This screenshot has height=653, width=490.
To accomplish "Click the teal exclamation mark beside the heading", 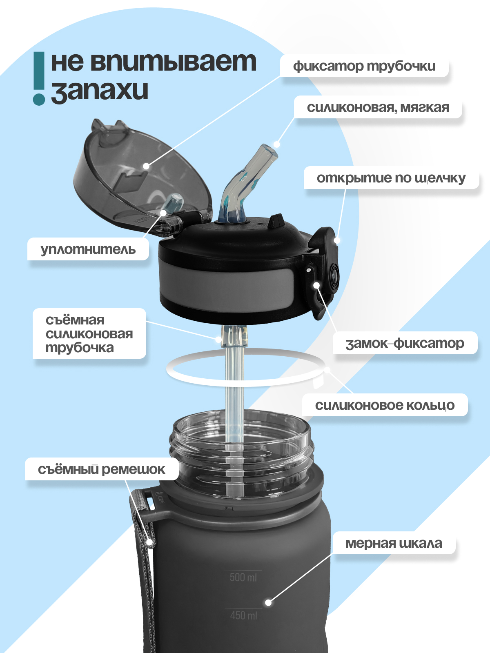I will [x=39, y=78].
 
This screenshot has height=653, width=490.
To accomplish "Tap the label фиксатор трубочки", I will [x=364, y=66].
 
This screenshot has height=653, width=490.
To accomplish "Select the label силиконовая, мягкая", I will [x=378, y=108].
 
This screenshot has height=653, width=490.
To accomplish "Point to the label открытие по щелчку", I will [x=391, y=178].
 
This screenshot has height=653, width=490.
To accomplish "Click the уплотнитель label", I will [x=88, y=249].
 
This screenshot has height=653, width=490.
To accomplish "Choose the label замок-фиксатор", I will [x=405, y=343].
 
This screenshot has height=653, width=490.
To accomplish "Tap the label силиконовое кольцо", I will [x=384, y=405].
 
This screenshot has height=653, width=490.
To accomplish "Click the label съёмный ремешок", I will [x=101, y=469].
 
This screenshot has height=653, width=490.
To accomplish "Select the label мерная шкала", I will [x=393, y=543].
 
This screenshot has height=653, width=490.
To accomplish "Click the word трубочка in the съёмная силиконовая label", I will [x=80, y=348].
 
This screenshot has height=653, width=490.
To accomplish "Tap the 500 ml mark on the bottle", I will [x=243, y=577].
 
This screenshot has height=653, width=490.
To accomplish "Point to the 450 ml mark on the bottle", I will [x=243, y=615].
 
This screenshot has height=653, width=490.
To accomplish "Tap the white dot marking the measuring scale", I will [x=268, y=602].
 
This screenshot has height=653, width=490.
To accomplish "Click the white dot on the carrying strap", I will [x=150, y=542].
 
